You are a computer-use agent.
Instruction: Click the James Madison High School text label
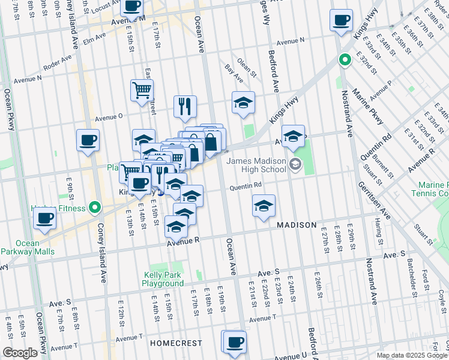pyautogui.click(x=256, y=163)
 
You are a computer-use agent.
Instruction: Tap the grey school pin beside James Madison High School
pyautogui.click(x=295, y=164)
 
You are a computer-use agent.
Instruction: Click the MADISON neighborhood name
pyautogui.click(x=297, y=225)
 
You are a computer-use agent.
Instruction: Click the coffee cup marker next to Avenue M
pyautogui.click(x=131, y=7)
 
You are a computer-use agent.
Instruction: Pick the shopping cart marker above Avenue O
pyautogui.click(x=142, y=91)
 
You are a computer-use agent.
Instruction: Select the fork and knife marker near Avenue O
pyautogui.click(x=185, y=107)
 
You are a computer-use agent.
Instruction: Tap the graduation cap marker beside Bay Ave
pyautogui.click(x=243, y=103)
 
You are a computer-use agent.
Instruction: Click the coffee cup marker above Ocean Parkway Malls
pyautogui.click(x=45, y=220)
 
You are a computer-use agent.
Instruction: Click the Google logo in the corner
pyautogui.click(x=20, y=353)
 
